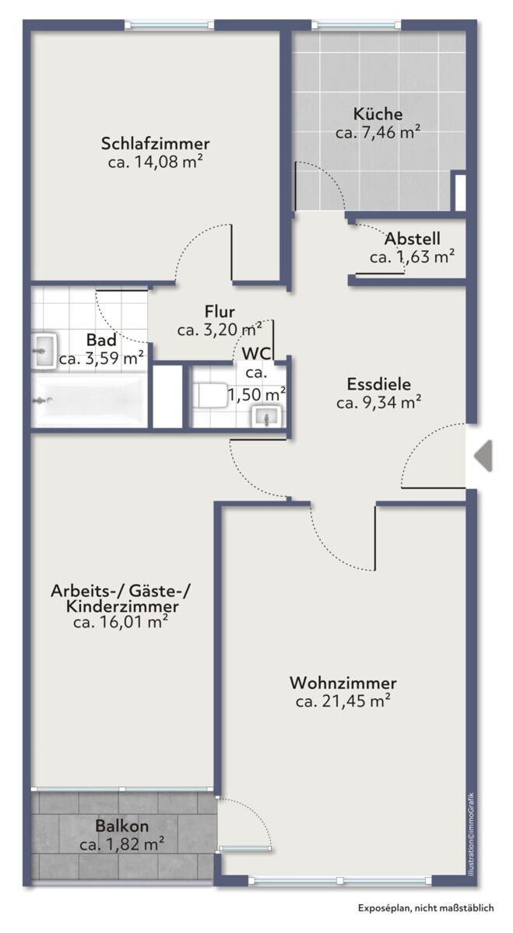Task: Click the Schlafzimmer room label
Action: tap(155, 144)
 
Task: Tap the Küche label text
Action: tap(378, 114)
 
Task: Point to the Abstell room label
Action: tap(412, 239)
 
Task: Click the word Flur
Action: tap(220, 312)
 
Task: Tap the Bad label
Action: tap(101, 341)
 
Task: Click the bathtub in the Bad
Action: tap(90, 401)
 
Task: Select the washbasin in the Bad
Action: tap(44, 351)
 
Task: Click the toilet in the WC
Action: tap(212, 396)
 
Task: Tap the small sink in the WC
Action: tap(267, 417)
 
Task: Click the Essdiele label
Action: tap(378, 384)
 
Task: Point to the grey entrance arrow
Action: tap(483, 456)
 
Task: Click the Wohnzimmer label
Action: tap(343, 683)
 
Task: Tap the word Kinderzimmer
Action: tap(122, 606)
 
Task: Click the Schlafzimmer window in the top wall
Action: tap(170, 26)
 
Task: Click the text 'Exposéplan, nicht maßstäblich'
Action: tap(426, 907)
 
